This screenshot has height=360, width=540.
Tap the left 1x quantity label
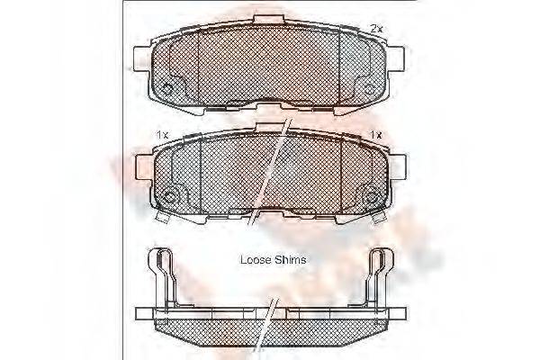(x=162, y=134)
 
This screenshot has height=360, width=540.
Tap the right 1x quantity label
(x=375, y=134)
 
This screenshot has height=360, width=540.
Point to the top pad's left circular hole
(x=169, y=87)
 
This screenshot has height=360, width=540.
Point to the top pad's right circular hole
(x=369, y=87)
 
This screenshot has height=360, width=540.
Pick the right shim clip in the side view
(x=379, y=274)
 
